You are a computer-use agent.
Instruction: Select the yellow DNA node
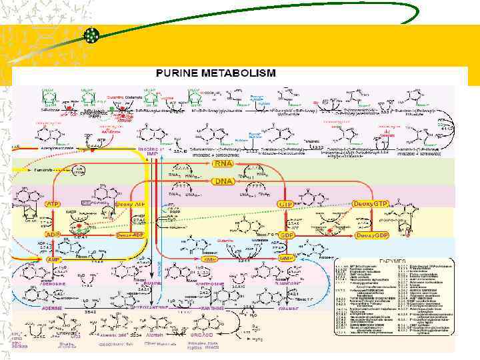(x=222, y=181)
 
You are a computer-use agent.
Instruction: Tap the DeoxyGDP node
(x=370, y=235)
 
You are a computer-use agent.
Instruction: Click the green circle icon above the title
(x=91, y=37)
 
